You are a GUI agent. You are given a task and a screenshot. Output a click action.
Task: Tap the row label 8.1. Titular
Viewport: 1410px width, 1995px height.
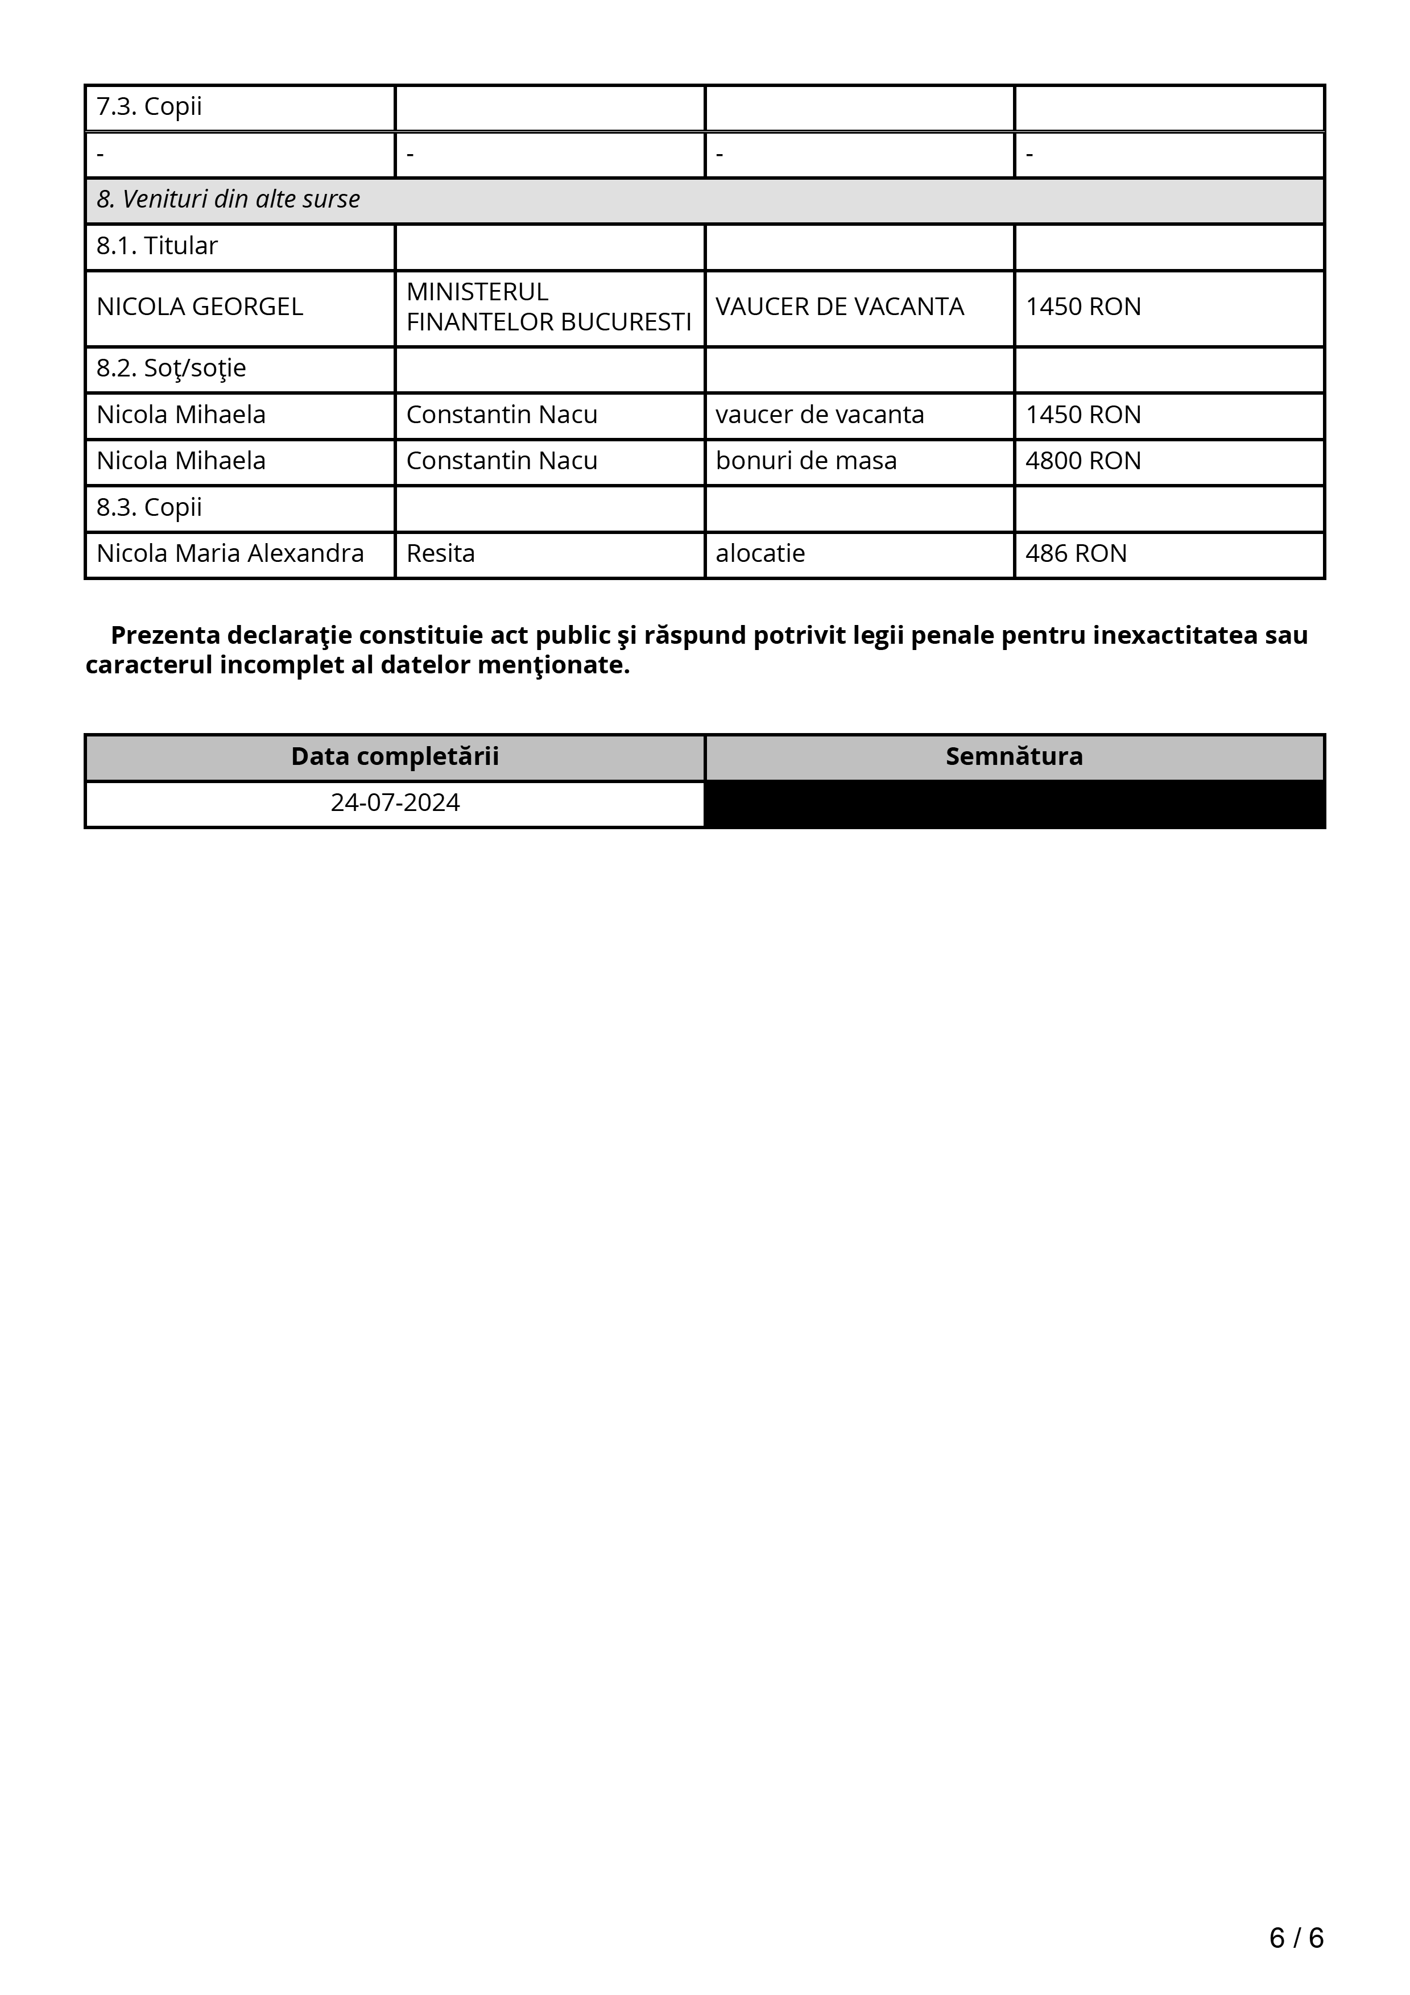coord(156,246)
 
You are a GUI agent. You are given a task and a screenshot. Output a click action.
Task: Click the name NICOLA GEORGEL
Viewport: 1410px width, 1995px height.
coord(199,307)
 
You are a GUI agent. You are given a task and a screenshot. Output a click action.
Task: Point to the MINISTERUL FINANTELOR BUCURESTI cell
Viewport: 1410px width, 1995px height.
coord(548,307)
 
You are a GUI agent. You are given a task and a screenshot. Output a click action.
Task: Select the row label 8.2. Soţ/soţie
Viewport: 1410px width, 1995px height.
coord(171,369)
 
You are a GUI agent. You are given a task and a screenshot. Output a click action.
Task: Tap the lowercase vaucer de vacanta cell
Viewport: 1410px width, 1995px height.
coord(819,415)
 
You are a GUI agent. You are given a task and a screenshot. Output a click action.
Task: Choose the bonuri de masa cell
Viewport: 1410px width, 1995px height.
coord(805,461)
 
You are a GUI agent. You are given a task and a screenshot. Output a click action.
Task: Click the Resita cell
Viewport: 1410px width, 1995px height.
coord(440,553)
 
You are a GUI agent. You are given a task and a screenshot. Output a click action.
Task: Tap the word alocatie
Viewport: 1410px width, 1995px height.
coord(760,553)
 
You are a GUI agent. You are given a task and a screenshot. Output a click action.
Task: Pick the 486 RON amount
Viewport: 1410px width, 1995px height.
coord(1076,553)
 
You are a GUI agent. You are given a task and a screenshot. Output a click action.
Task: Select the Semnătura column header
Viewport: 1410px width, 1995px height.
coord(1014,757)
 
